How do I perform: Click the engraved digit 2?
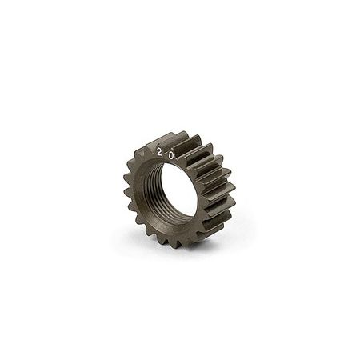point(160,150)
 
